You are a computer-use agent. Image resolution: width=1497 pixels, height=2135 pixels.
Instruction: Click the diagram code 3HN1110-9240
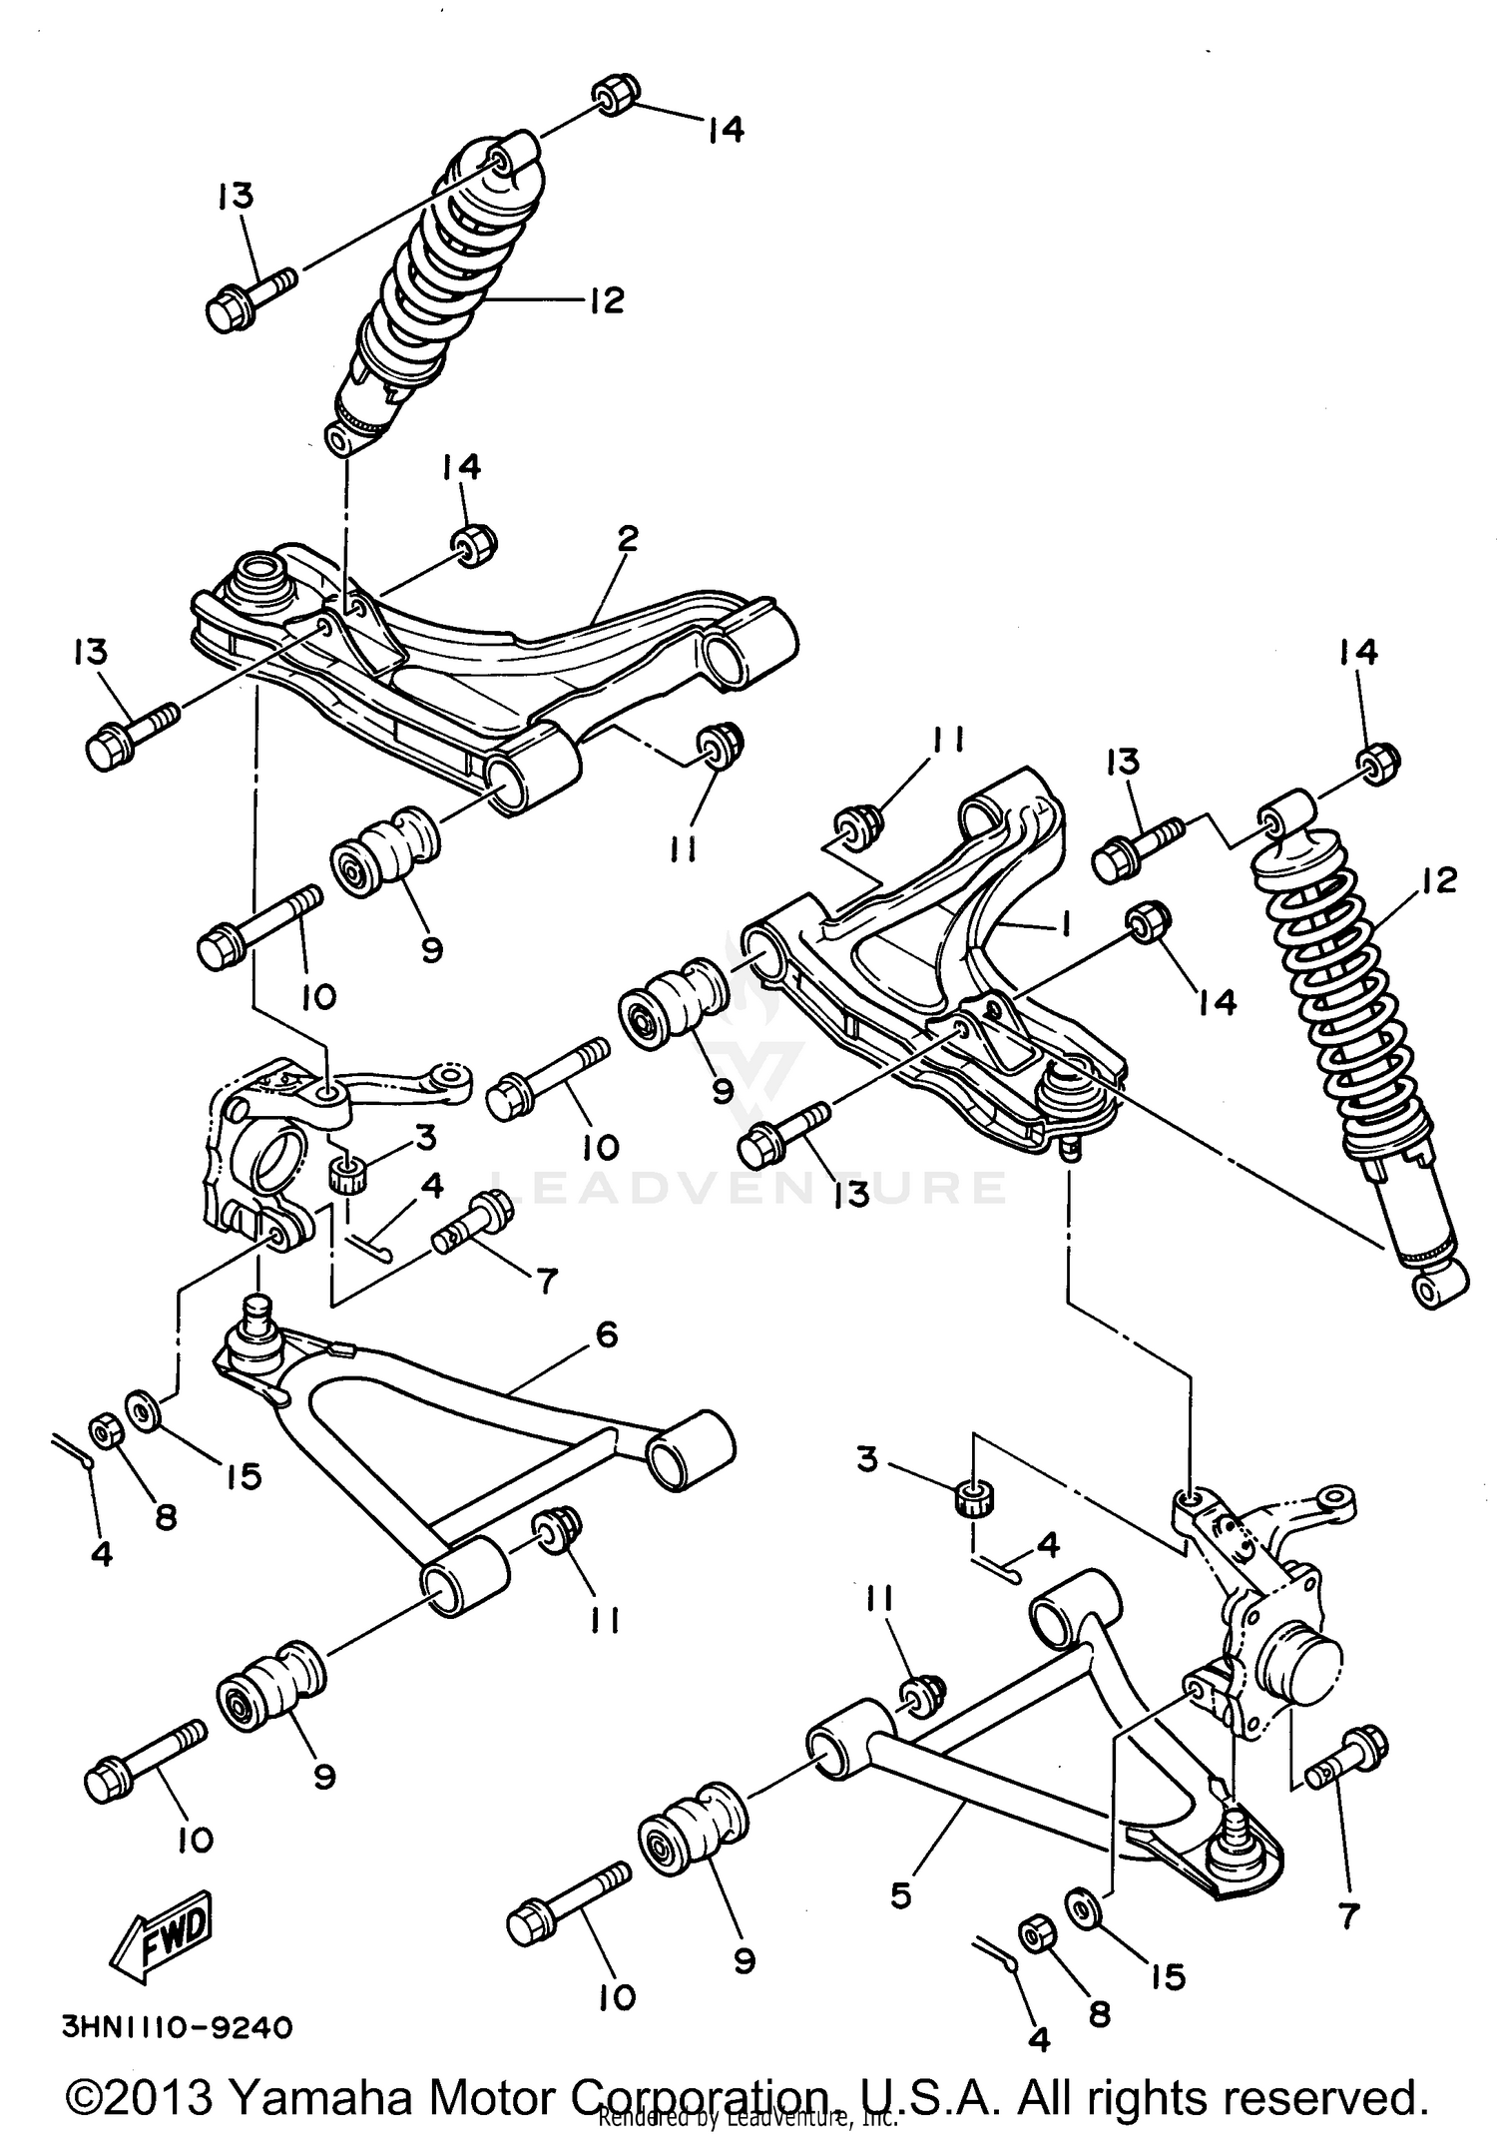178,2027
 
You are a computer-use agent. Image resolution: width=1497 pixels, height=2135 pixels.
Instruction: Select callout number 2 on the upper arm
627,540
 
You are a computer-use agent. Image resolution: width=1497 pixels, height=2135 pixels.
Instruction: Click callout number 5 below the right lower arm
901,1893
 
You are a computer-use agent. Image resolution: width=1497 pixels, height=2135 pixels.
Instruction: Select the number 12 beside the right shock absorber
1439,879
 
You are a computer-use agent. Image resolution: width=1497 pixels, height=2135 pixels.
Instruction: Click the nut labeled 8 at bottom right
1036,1931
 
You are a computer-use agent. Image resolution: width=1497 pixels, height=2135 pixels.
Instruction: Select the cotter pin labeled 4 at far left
72,1450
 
